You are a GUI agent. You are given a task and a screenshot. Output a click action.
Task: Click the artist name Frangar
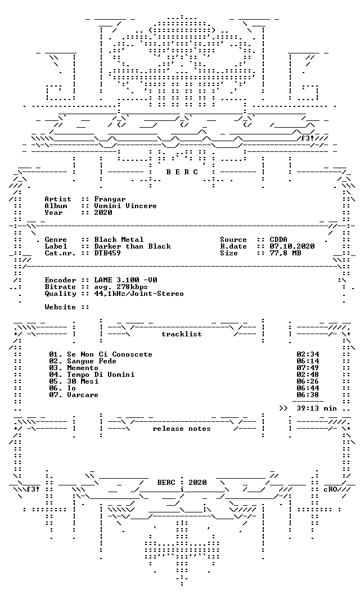pos(110,199)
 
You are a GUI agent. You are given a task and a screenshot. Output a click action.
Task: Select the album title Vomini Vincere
pos(125,206)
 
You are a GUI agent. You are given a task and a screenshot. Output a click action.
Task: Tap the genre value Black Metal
pos(119,240)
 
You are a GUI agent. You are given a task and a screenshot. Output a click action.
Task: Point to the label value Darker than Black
pos(133,246)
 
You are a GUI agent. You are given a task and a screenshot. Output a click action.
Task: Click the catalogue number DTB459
pos(107,253)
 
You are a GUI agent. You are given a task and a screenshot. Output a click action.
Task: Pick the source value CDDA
pos(278,240)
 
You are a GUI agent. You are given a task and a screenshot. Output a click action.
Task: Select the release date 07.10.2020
pos(292,246)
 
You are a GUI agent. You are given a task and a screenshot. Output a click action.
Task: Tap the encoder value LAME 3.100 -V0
pos(126,280)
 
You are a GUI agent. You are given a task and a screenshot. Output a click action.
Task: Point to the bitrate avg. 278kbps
pos(121,287)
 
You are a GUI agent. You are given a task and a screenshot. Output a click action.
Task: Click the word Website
pos(60,307)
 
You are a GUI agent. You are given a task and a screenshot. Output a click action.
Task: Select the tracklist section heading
pos(182,334)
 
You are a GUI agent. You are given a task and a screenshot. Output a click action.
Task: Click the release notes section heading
pos(182,429)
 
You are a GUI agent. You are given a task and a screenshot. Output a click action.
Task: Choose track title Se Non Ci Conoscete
pos(110,354)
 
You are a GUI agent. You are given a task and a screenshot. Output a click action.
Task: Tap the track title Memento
pos(83,368)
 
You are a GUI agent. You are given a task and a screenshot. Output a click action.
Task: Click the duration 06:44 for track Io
pos(308,388)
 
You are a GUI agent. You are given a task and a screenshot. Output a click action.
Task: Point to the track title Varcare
pos(83,395)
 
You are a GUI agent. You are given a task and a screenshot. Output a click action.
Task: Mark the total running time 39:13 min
pos(317,408)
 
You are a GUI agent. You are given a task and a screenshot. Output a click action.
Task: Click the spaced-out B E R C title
pos(182,172)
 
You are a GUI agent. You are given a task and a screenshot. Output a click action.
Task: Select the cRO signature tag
pos(330,489)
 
